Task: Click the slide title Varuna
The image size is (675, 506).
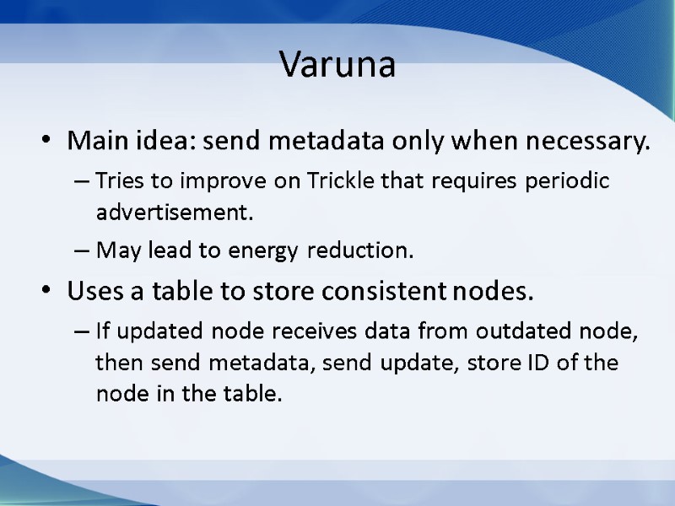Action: [x=337, y=65]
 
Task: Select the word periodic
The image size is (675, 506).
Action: [x=571, y=181]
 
